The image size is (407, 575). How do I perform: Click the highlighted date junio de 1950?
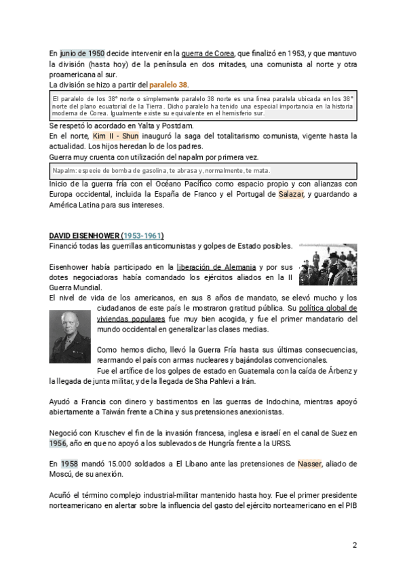click(x=82, y=53)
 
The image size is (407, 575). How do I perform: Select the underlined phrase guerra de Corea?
click(x=208, y=53)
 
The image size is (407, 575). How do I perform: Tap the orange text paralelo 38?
click(x=169, y=85)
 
